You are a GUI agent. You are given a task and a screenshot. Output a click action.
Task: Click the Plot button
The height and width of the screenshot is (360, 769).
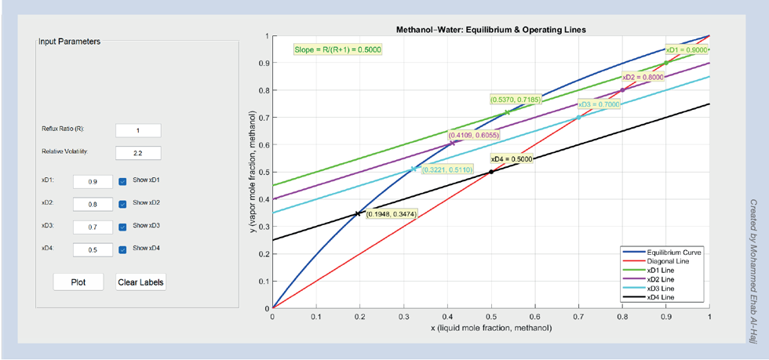78,282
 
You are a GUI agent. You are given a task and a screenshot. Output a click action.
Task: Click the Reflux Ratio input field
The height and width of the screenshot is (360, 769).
138,130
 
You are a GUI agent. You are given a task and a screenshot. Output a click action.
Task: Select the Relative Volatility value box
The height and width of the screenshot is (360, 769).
138,153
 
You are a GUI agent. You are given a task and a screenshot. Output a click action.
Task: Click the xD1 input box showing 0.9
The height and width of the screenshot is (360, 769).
93,181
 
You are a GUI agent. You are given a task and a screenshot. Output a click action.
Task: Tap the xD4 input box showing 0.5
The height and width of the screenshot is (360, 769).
93,250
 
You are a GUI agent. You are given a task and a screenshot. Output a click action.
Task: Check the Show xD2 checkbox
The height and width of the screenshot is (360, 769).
122,204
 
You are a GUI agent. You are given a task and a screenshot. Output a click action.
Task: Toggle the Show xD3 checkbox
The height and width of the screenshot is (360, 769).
122,227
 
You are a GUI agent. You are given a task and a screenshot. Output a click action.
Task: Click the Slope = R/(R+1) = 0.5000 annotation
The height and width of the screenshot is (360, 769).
338,49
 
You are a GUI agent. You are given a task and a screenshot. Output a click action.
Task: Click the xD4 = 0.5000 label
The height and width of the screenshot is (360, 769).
512,159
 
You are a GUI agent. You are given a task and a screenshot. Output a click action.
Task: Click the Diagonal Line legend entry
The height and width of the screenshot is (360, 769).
668,261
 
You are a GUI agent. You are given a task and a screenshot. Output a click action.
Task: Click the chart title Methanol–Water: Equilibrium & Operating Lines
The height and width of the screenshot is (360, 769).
491,30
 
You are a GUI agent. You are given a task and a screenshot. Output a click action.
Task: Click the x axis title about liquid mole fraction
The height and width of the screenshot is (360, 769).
491,327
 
